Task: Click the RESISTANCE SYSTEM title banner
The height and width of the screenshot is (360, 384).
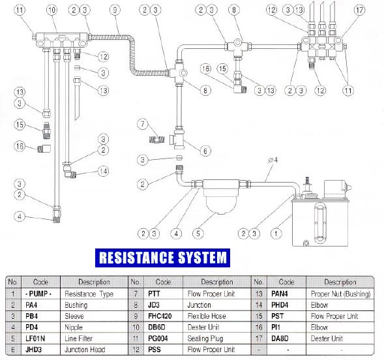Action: [x=162, y=258]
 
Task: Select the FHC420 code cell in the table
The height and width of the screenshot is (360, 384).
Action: [x=160, y=316]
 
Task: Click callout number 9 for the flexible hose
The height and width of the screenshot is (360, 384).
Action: [x=115, y=10]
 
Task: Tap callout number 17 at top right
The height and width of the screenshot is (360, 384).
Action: [x=359, y=10]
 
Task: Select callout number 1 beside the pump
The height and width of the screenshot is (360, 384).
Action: [x=276, y=233]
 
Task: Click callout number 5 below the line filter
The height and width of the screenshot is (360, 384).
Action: [x=198, y=233]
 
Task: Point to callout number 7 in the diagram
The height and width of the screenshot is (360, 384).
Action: [x=143, y=124]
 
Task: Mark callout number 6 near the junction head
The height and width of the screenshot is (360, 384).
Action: [x=205, y=151]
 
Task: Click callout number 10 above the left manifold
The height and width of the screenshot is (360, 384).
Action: [x=52, y=10]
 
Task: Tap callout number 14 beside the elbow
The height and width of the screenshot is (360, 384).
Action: [x=103, y=171]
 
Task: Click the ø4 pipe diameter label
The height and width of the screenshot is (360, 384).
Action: [x=273, y=160]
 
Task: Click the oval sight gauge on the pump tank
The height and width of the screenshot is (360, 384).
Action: [x=320, y=224]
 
